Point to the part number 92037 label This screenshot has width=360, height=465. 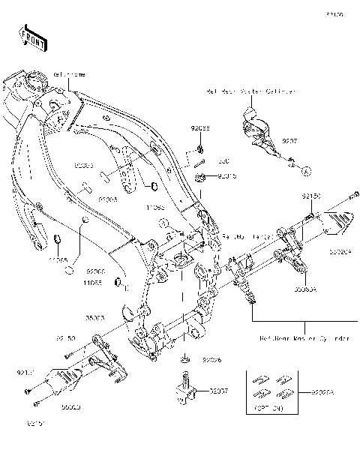[x=220, y=391]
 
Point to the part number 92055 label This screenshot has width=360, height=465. [x=199, y=128]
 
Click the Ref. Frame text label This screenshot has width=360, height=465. [x=67, y=76]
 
